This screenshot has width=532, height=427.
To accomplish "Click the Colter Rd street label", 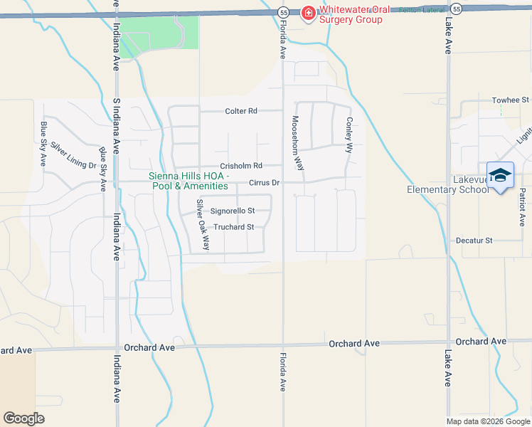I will pyautogui.click(x=240, y=111).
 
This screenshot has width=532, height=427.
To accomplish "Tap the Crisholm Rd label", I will pyautogui.click(x=241, y=166).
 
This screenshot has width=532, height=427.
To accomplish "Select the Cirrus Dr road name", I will pyautogui.click(x=265, y=183).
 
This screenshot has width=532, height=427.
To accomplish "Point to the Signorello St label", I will pyautogui.click(x=232, y=211).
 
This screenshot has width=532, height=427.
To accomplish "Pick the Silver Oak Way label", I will pyautogui.click(x=203, y=224).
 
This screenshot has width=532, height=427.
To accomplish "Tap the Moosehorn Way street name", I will pyautogui.click(x=297, y=143).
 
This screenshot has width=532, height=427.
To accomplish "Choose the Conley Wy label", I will pyautogui.click(x=349, y=135).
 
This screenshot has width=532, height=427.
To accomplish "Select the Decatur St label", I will pyautogui.click(x=474, y=241).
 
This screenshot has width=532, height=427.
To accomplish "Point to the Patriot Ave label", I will pyautogui.click(x=522, y=207).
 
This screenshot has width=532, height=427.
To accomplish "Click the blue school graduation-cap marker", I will pyautogui.click(x=500, y=175).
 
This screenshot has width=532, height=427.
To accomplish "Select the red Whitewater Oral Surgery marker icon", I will pyautogui.click(x=308, y=13).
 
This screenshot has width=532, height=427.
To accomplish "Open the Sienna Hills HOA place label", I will pyautogui.click(x=188, y=181).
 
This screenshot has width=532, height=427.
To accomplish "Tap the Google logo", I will pyautogui.click(x=24, y=418).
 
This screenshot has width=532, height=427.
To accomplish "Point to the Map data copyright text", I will pyautogui.click(x=488, y=421).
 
